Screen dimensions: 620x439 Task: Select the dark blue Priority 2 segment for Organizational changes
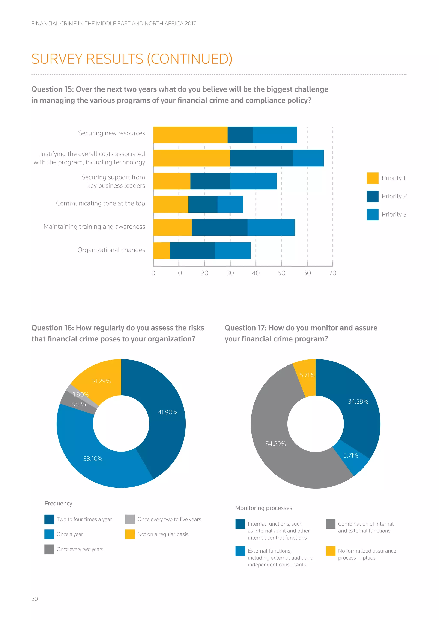(192, 251)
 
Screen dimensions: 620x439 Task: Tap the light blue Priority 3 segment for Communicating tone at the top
(230, 204)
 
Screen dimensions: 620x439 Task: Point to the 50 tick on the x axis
(281, 273)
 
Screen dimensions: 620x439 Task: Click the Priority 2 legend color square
(372, 196)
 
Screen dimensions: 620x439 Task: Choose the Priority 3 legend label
(394, 214)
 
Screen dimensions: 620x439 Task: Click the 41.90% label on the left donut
(168, 412)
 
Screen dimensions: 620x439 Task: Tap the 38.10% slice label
(93, 459)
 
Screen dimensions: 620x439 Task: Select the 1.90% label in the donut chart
(81, 395)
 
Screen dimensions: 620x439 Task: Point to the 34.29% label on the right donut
(358, 402)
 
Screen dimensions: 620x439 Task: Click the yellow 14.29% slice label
(101, 381)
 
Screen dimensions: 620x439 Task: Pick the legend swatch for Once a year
(49, 534)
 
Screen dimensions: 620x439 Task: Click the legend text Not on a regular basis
(163, 534)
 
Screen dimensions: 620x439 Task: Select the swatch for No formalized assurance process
(330, 551)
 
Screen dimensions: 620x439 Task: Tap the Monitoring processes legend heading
(264, 508)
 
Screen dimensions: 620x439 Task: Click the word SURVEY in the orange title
(57, 59)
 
